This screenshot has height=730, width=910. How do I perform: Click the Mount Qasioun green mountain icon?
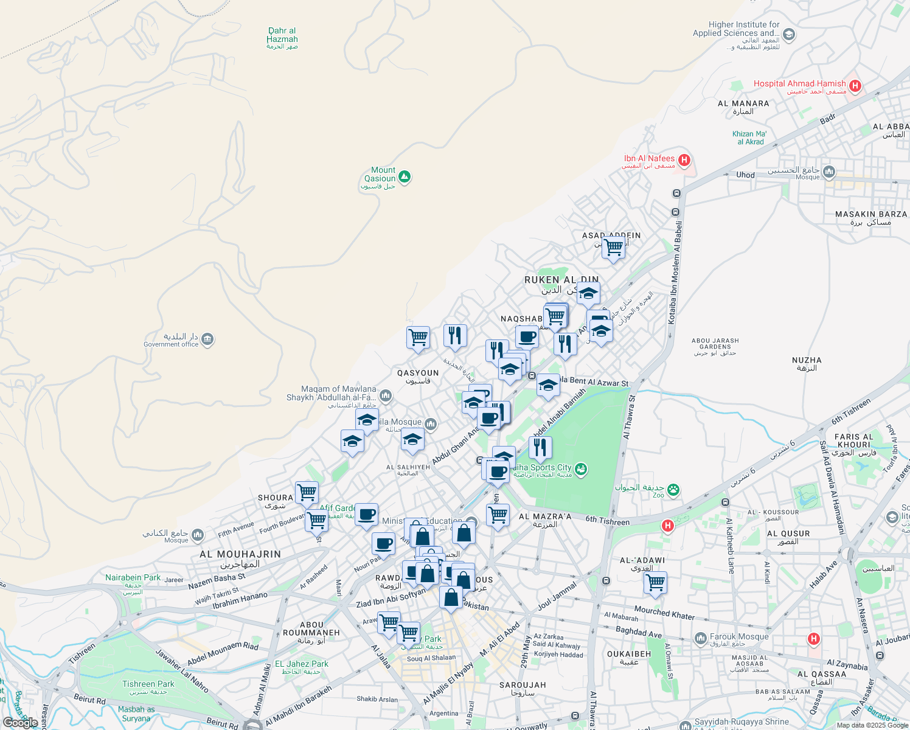tap(405, 177)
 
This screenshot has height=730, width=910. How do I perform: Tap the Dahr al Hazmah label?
tap(282, 35)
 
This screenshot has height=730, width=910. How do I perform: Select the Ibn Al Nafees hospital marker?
tap(684, 160)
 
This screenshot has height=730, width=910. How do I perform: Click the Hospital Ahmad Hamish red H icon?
tap(855, 86)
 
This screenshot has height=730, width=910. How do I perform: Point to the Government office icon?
tap(207, 339)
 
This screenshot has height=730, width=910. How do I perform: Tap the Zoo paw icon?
tap(673, 490)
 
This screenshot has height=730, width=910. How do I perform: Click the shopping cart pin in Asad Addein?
tap(613, 248)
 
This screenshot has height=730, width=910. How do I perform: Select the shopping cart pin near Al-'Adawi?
tap(655, 583)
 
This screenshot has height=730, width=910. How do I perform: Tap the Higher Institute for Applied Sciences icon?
tap(789, 35)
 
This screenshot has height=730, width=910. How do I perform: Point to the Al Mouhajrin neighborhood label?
tap(240, 555)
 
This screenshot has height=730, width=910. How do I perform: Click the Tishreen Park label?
tap(148, 684)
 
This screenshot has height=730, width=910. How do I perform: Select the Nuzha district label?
tap(807, 361)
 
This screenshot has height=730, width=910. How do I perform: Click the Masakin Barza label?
tap(871, 215)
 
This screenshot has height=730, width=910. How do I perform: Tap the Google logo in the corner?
tap(20, 723)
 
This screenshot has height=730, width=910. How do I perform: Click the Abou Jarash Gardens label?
tap(715, 344)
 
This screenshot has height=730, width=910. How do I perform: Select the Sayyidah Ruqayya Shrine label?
tap(742, 722)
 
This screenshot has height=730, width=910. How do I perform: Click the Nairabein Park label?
tap(133, 578)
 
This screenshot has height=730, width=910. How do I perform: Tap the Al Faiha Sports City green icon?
tap(581, 469)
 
